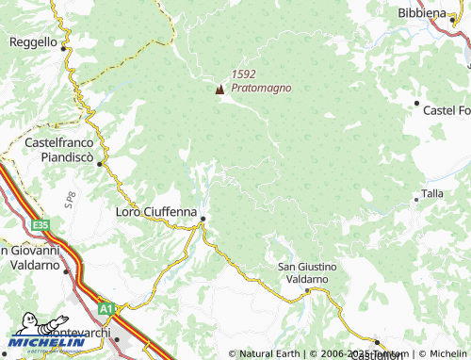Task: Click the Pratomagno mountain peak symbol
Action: click(x=220, y=90)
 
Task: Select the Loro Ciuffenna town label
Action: click(x=156, y=212)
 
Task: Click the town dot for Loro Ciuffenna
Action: click(x=203, y=220)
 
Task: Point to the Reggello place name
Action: click(x=34, y=42)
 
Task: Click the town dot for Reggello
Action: click(x=64, y=45)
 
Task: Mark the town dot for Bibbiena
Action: click(x=448, y=25)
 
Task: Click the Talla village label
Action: click(x=432, y=193)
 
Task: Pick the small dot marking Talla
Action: click(x=416, y=199)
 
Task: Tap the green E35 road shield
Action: click(x=40, y=225)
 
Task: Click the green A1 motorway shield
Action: click(x=106, y=306)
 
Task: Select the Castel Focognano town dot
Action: click(x=416, y=103)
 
